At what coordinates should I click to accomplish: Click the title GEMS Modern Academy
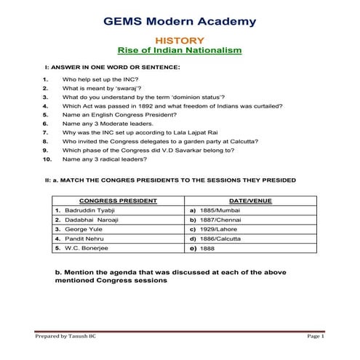coord(180,21)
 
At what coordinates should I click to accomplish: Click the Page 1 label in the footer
coord(315,337)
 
